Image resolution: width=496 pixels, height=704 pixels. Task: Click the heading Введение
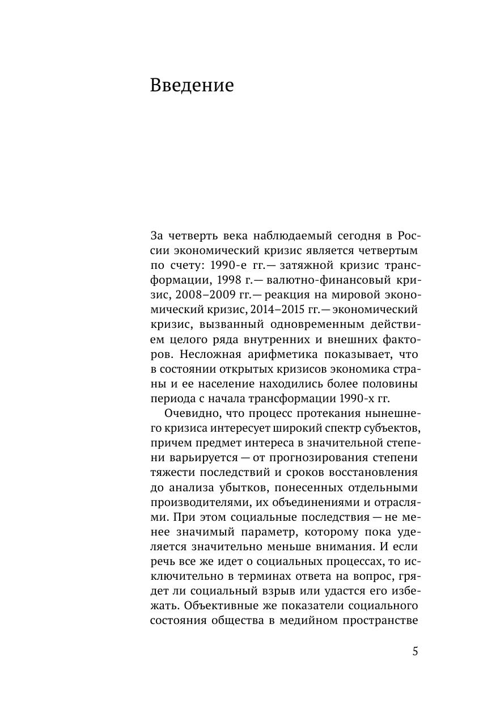(192, 85)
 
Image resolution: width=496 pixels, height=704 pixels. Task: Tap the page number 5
(415, 651)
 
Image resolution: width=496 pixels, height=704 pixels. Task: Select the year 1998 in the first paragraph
(222, 280)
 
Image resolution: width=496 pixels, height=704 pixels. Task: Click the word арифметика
(282, 354)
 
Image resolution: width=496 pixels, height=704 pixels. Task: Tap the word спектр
(341, 428)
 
